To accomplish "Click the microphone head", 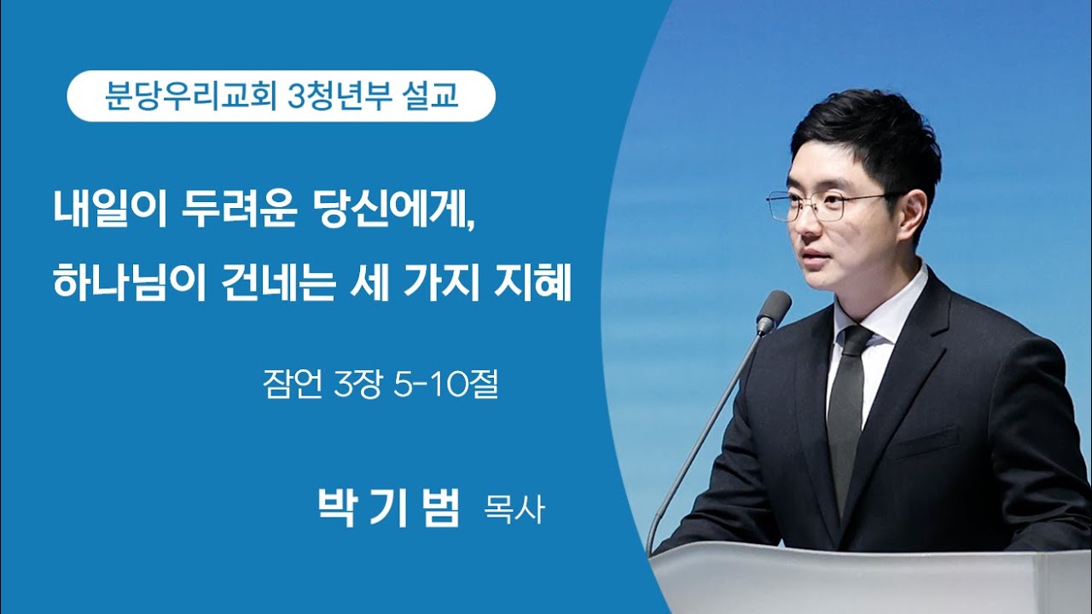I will [774, 311].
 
